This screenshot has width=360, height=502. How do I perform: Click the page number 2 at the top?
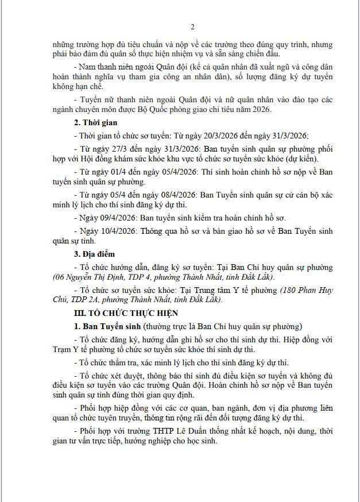click(192, 26)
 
